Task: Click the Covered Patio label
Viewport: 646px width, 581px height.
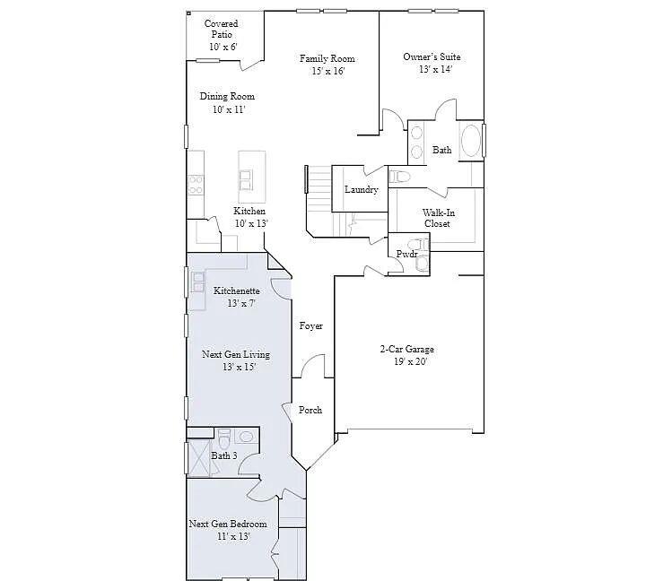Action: (222, 34)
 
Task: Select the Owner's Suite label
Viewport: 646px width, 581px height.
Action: (432, 64)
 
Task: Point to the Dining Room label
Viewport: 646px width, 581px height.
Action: (227, 102)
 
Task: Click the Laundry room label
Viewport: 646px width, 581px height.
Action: (361, 190)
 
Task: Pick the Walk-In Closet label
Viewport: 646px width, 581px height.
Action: (437, 218)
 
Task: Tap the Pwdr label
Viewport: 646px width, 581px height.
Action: (406, 255)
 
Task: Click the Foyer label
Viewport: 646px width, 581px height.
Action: (310, 326)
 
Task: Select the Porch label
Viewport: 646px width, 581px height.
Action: (310, 410)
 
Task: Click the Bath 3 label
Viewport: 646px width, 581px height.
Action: (223, 455)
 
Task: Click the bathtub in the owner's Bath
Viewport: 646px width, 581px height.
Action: (470, 142)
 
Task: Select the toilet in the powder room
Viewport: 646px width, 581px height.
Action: (414, 243)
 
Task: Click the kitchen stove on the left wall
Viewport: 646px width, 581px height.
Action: (195, 185)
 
